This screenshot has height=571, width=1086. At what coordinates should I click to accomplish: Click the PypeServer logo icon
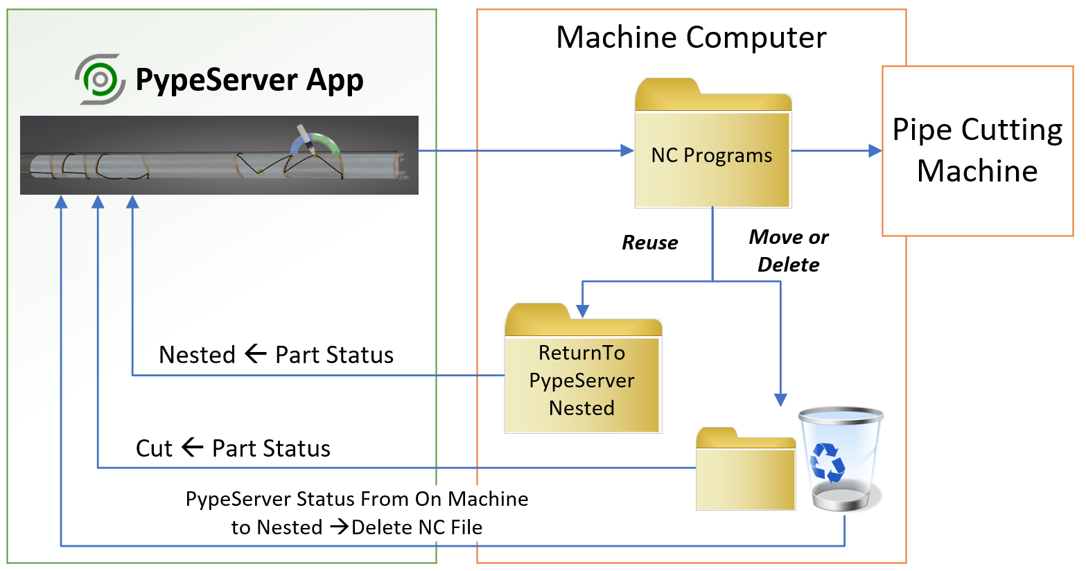[x=100, y=79]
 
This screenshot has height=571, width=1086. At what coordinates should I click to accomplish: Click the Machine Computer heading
[x=691, y=37]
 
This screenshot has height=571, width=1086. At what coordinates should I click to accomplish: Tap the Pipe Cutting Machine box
[x=977, y=151]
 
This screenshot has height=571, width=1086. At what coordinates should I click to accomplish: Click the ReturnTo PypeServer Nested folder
[x=583, y=369]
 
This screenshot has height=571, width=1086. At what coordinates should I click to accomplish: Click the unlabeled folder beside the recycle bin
[x=745, y=469]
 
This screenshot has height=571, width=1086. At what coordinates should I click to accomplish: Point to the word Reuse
[x=649, y=243]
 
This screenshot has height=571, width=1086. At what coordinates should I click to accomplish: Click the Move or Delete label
[x=789, y=251]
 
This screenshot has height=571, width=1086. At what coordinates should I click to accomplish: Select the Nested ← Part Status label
[x=276, y=355]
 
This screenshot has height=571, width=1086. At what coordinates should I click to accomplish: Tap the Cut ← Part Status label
[x=233, y=448]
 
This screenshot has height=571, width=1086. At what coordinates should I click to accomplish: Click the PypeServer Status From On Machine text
[x=356, y=499]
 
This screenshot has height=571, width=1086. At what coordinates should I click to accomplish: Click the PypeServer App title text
[x=249, y=80]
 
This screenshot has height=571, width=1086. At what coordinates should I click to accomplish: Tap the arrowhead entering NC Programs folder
[x=627, y=150]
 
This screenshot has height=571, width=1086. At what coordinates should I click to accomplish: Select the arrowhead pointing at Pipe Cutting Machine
[x=875, y=150]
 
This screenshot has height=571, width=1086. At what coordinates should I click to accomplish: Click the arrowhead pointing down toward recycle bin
[x=780, y=400]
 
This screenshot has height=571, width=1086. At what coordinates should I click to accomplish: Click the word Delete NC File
[x=417, y=527]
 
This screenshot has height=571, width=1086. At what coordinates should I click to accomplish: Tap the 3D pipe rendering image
[x=219, y=155]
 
